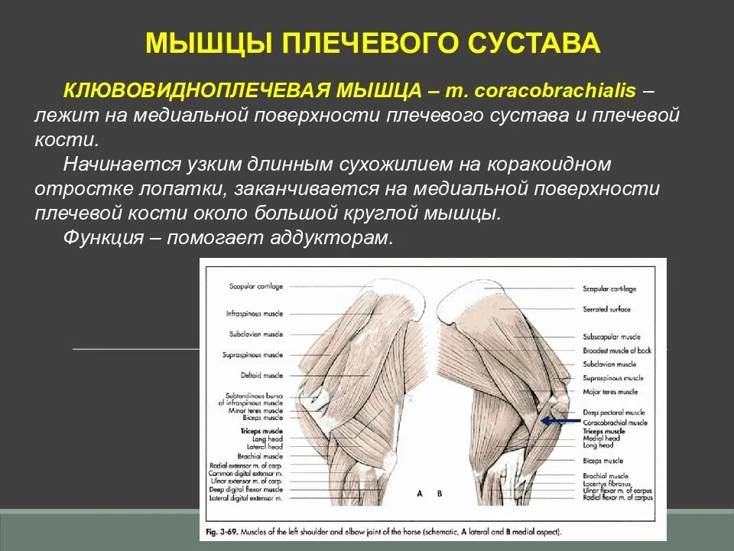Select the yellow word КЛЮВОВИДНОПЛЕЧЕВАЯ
[x=194, y=91]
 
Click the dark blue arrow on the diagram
[x=560, y=420]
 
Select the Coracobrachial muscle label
[x=615, y=422]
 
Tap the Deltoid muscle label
[x=261, y=376]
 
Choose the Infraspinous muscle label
[x=254, y=314]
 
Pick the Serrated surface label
[x=606, y=308]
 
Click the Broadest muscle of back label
[x=617, y=350]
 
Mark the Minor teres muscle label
[x=255, y=410]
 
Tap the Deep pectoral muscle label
[x=610, y=413]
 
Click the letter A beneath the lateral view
[x=420, y=494]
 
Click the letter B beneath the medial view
[x=440, y=494]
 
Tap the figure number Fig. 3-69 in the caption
[x=221, y=530]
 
